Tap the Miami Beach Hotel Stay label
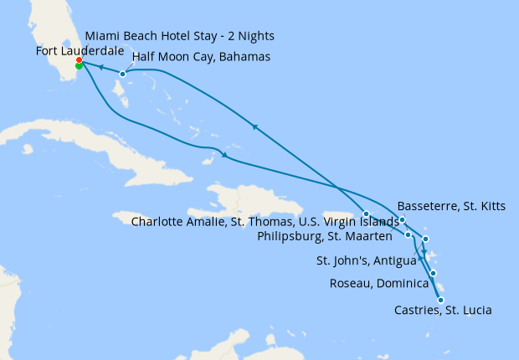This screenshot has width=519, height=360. pyautogui.click(x=179, y=36)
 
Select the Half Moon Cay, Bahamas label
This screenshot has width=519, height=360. pyautogui.click(x=201, y=57)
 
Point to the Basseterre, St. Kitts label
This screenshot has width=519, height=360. pyautogui.click(x=451, y=206)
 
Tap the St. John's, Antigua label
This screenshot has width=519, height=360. pyautogui.click(x=366, y=261)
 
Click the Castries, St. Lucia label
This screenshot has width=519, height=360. pyautogui.click(x=442, y=311)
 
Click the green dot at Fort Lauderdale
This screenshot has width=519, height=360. pyautogui.click(x=79, y=65)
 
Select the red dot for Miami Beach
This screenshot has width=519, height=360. pyautogui.click(x=79, y=60)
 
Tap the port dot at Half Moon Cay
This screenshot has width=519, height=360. pyautogui.click(x=122, y=74)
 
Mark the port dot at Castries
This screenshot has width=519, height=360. pyautogui.click(x=440, y=300)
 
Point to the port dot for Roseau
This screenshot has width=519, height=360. pyautogui.click(x=433, y=273)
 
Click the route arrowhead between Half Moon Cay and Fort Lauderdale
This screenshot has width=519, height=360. pyautogui.click(x=100, y=68)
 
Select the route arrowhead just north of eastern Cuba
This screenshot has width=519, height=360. pyautogui.click(x=224, y=155)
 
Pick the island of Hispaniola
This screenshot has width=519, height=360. pyautogui.click(x=243, y=201)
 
